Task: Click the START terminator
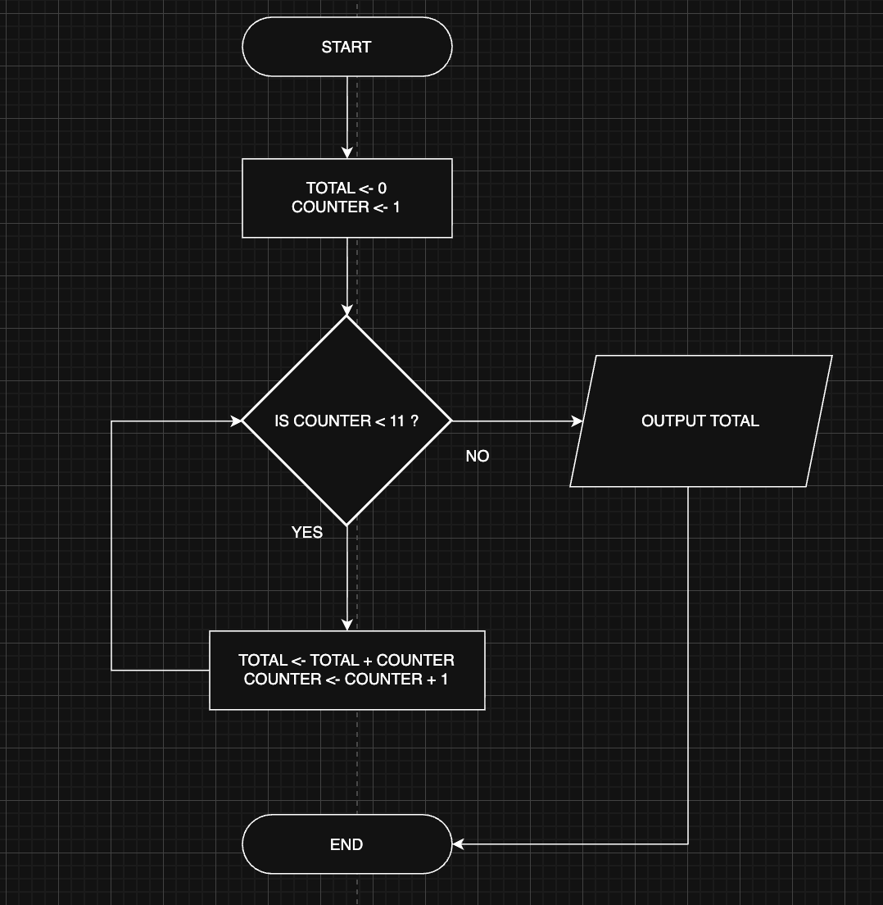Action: (346, 47)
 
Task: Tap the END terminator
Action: (346, 844)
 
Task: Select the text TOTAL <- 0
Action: (346, 189)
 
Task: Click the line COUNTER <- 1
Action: (346, 207)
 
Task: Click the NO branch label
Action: (478, 457)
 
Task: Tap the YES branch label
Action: (307, 533)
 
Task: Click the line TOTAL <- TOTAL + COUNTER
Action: (346, 660)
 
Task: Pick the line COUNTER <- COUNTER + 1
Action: (346, 680)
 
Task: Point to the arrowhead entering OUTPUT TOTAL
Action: (577, 421)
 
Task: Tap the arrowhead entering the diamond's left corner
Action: (236, 421)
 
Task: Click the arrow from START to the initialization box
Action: (347, 115)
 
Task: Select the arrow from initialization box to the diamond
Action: (347, 275)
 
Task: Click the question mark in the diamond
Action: (414, 421)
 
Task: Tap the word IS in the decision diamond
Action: (282, 421)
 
